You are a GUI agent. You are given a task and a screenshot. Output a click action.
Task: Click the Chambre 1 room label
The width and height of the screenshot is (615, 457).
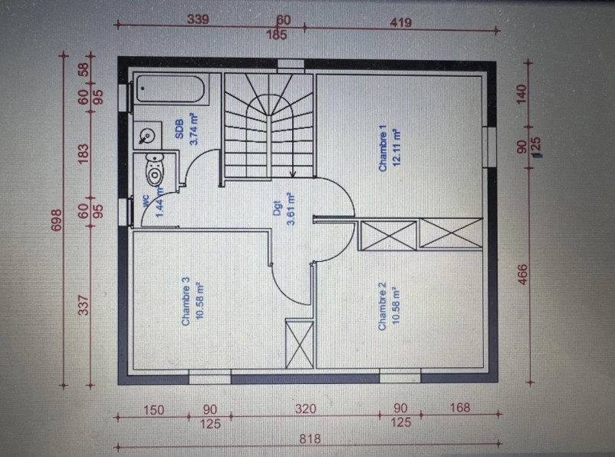382,146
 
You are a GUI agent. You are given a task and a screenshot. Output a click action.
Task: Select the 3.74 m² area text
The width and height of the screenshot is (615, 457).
193,129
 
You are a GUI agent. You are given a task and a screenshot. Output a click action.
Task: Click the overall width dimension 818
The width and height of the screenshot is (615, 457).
310,439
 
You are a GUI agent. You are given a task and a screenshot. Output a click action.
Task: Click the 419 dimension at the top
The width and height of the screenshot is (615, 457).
400,22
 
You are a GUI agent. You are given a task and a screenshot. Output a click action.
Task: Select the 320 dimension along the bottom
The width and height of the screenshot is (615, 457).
304,409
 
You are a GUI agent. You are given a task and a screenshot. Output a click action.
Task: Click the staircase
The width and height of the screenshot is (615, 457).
269,127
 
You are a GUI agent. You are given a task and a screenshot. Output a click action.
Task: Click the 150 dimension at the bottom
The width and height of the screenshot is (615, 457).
153,409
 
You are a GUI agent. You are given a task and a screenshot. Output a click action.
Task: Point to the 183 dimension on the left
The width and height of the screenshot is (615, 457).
84,153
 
